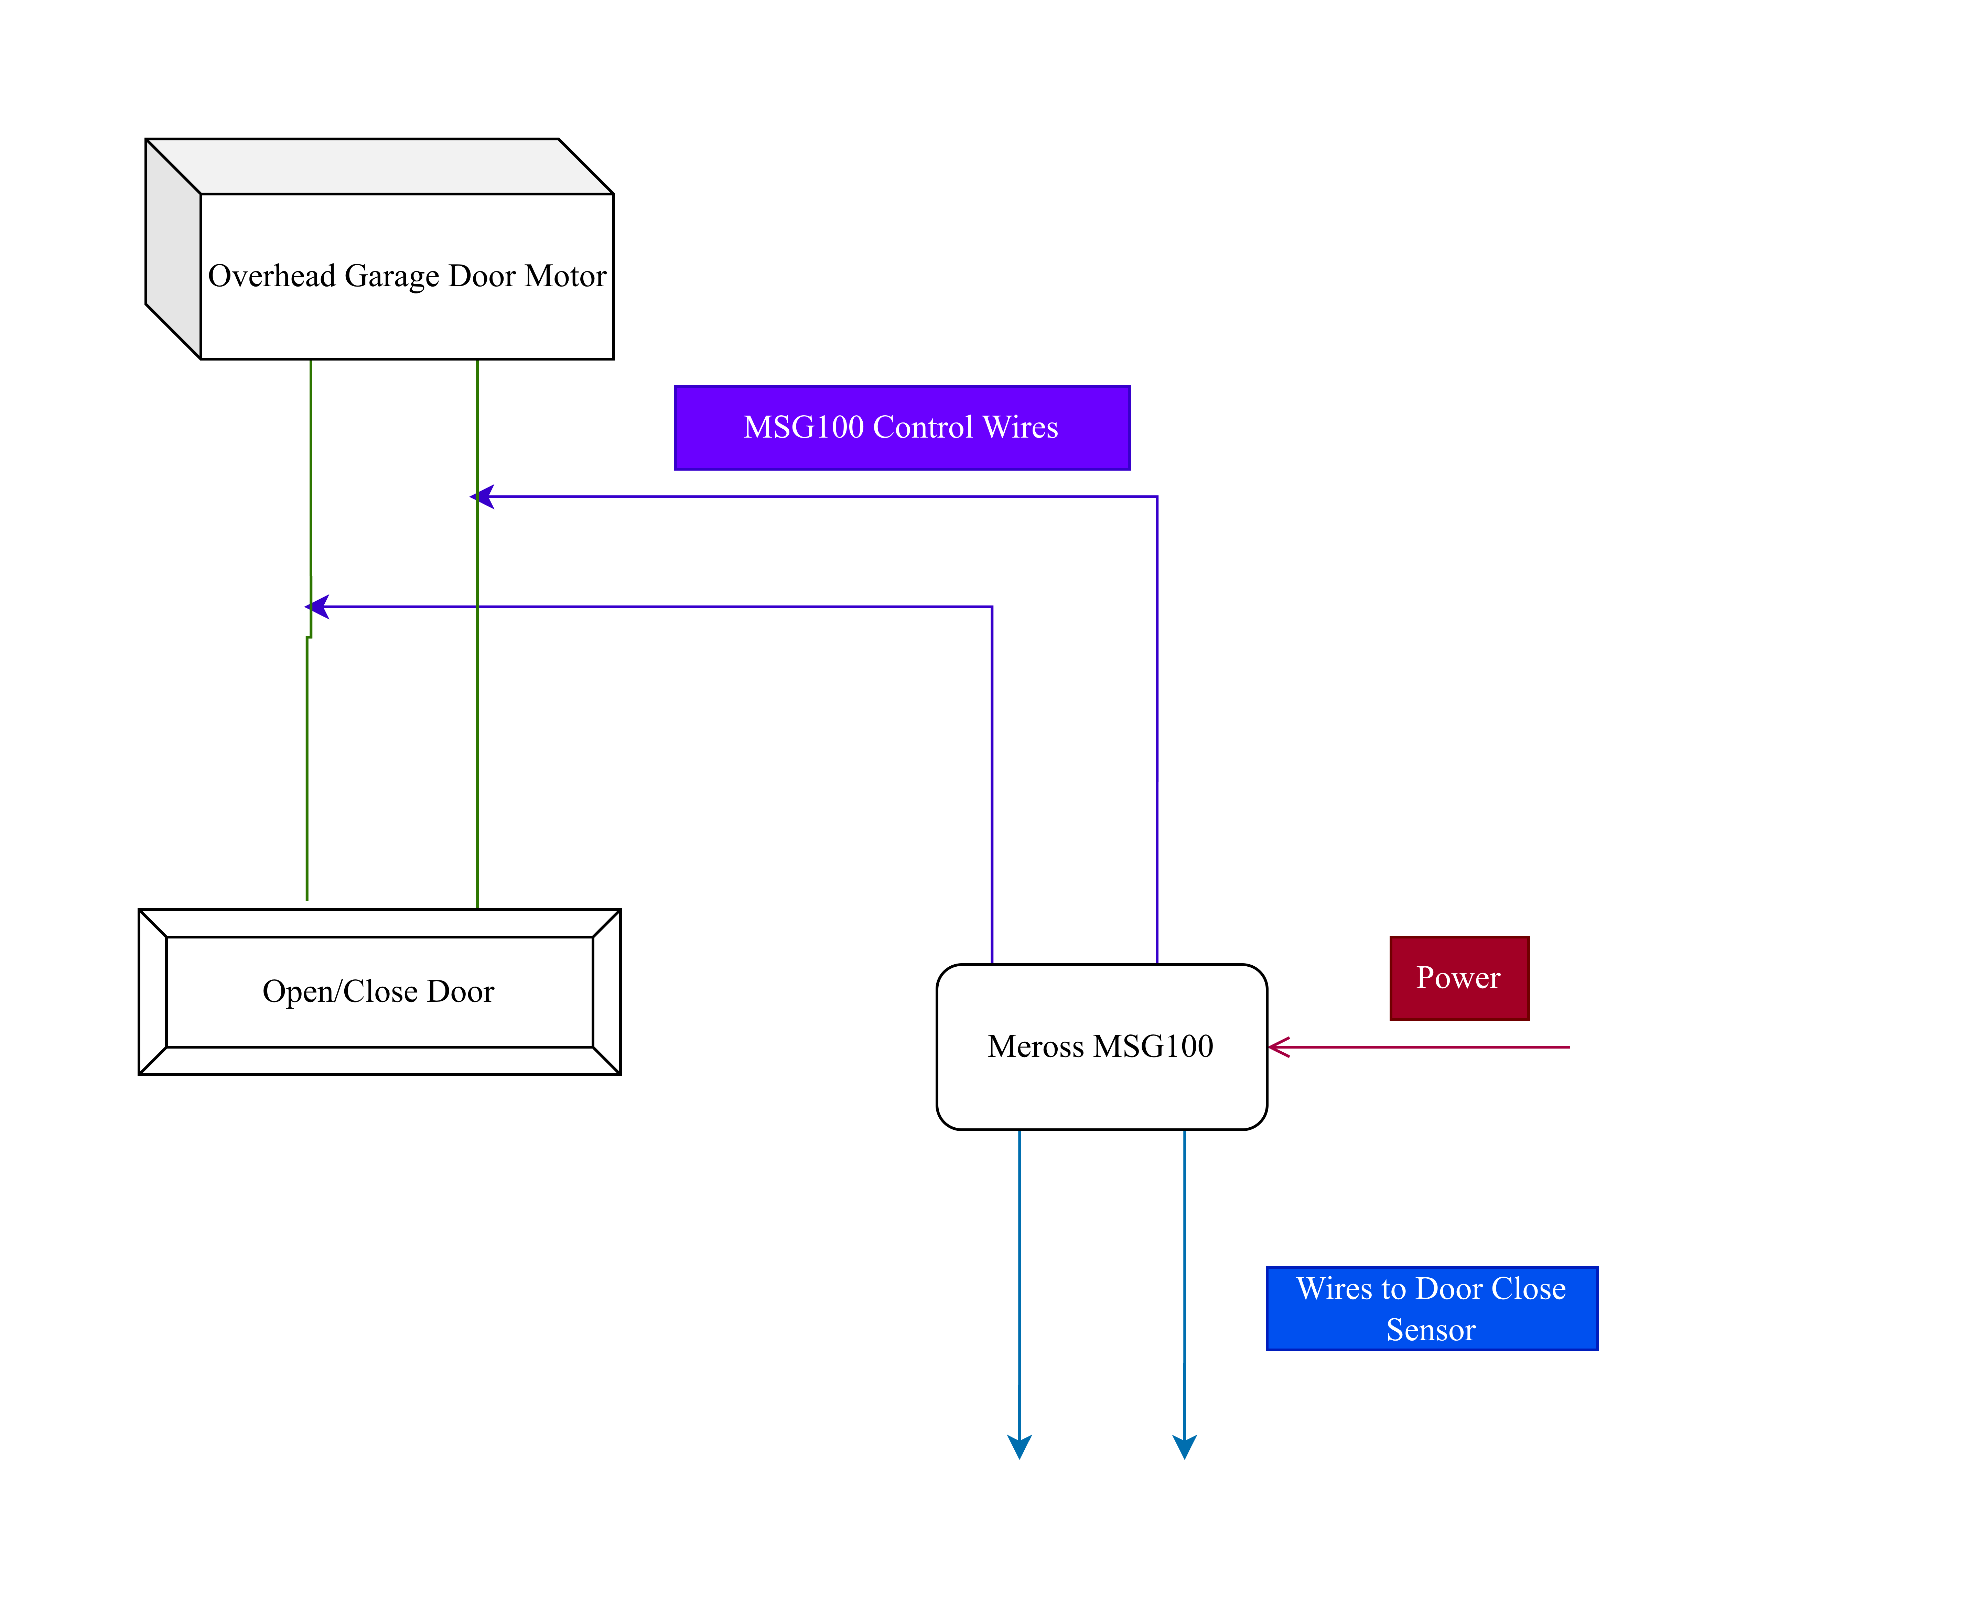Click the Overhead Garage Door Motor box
click(406, 276)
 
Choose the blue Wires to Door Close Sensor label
click(1431, 1308)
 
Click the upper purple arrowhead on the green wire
click(483, 497)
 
